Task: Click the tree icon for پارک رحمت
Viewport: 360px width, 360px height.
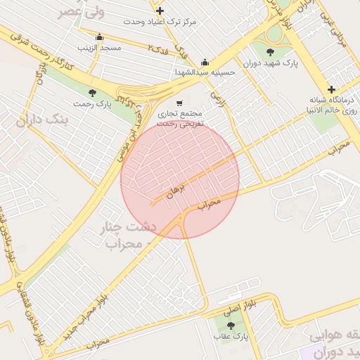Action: (x=92, y=93)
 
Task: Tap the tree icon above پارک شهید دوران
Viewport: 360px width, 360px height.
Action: (x=271, y=51)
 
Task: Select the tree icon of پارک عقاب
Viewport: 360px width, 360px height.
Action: (x=231, y=325)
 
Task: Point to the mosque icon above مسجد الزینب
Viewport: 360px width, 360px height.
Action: (x=99, y=37)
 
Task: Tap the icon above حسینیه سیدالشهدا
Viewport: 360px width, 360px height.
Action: (x=205, y=61)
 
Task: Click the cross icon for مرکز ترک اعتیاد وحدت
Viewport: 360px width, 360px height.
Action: (x=160, y=11)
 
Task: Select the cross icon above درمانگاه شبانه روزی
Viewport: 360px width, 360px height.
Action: (x=331, y=89)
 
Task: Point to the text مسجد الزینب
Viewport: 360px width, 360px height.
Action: (x=99, y=48)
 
